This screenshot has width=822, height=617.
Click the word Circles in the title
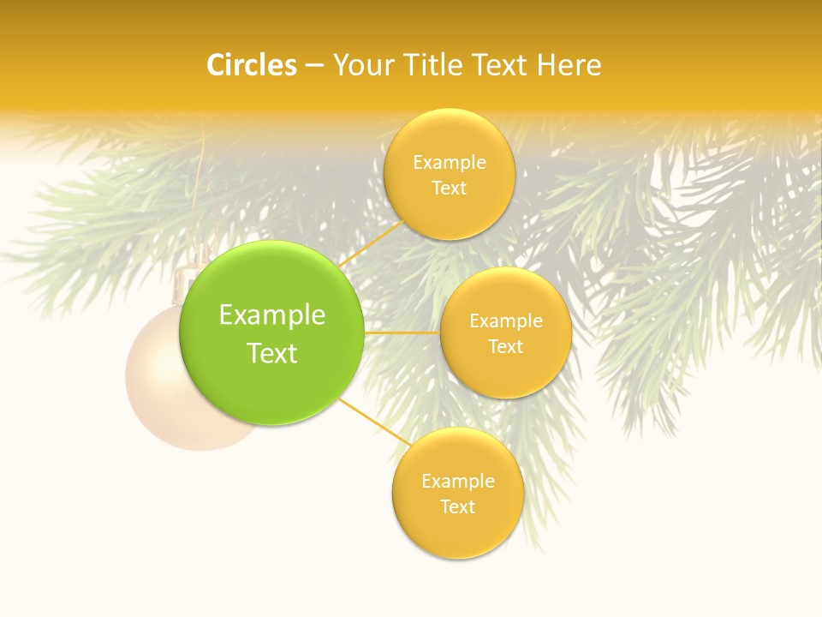[x=252, y=65]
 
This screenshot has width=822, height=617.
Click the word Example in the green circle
[x=271, y=315]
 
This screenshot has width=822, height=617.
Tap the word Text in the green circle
[x=271, y=353]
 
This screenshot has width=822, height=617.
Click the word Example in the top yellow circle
[x=449, y=163]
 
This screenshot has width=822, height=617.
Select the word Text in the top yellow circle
[x=449, y=189]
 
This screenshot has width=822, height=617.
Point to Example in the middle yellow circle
[x=506, y=321]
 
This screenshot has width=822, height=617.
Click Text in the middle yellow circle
[x=506, y=347]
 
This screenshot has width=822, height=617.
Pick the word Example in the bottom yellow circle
[x=457, y=482]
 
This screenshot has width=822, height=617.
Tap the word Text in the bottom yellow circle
[x=457, y=507]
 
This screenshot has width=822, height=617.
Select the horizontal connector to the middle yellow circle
[x=402, y=332]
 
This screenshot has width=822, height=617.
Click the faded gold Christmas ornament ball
[x=163, y=394]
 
